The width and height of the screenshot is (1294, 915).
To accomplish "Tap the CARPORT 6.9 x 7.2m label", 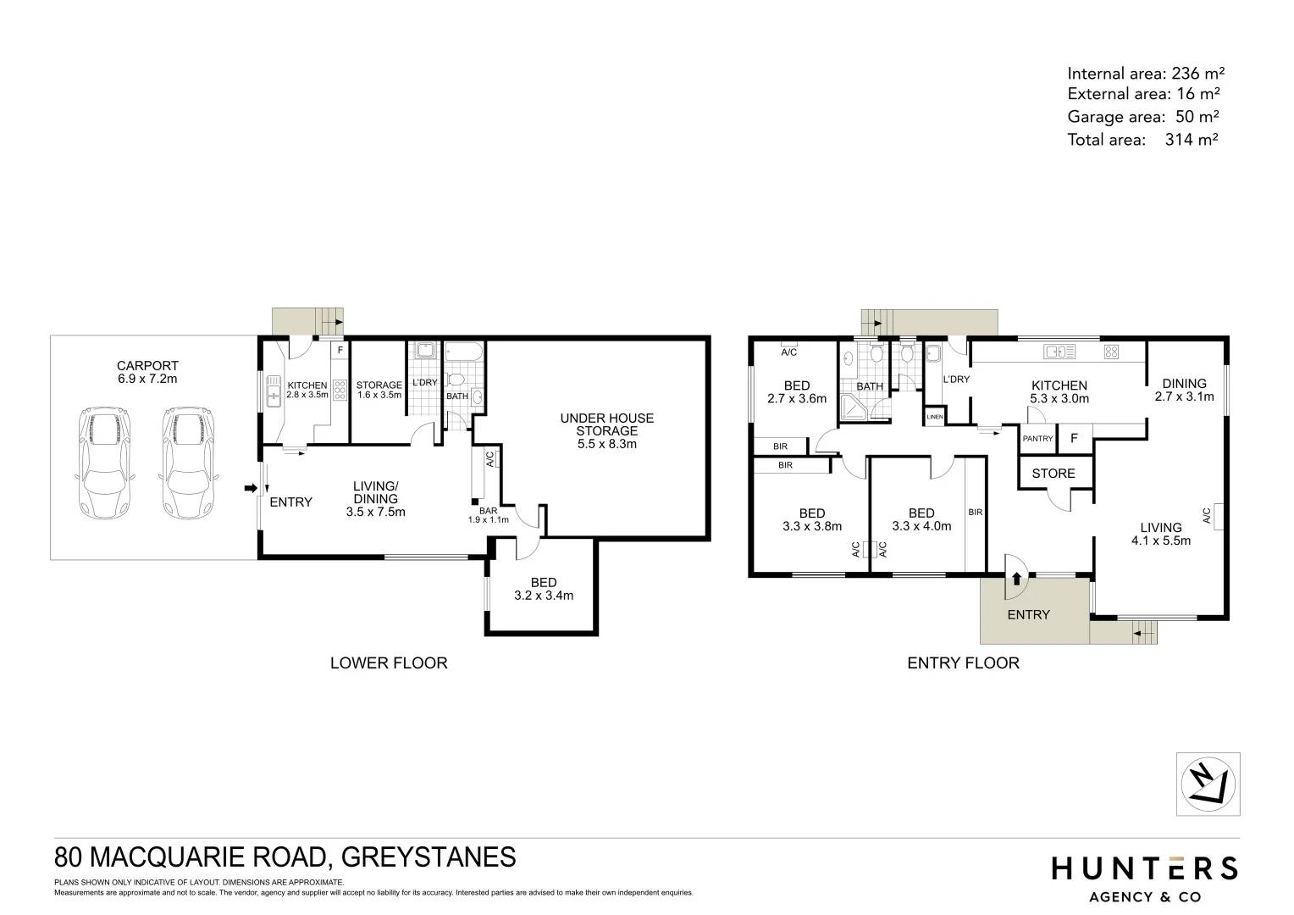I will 147,372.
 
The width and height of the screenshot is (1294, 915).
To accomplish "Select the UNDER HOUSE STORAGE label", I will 606,430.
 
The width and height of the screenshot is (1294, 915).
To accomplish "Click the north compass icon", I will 1208,785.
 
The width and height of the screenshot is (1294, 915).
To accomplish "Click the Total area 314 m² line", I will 1142,140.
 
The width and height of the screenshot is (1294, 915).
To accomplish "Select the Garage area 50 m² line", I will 1142,117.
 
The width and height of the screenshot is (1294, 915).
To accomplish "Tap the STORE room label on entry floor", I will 1053,474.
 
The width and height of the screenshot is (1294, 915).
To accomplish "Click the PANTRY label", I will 1037,439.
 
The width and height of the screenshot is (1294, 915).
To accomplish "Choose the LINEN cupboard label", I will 935,417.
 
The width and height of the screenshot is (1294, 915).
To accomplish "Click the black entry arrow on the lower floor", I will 250,488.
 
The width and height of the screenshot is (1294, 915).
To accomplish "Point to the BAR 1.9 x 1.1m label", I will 489,515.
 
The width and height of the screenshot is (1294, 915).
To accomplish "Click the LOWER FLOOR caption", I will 388,663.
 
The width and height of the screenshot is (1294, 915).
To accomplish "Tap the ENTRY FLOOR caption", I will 963,663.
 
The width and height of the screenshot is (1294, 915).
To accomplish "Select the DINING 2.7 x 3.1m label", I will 1184,390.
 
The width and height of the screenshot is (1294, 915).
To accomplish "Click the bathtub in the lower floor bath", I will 464,352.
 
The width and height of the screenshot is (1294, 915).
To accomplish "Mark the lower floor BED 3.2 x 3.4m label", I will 544,589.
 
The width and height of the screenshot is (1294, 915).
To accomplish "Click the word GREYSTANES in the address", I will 428,857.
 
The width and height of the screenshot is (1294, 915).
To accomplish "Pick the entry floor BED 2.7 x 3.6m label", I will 796,392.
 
